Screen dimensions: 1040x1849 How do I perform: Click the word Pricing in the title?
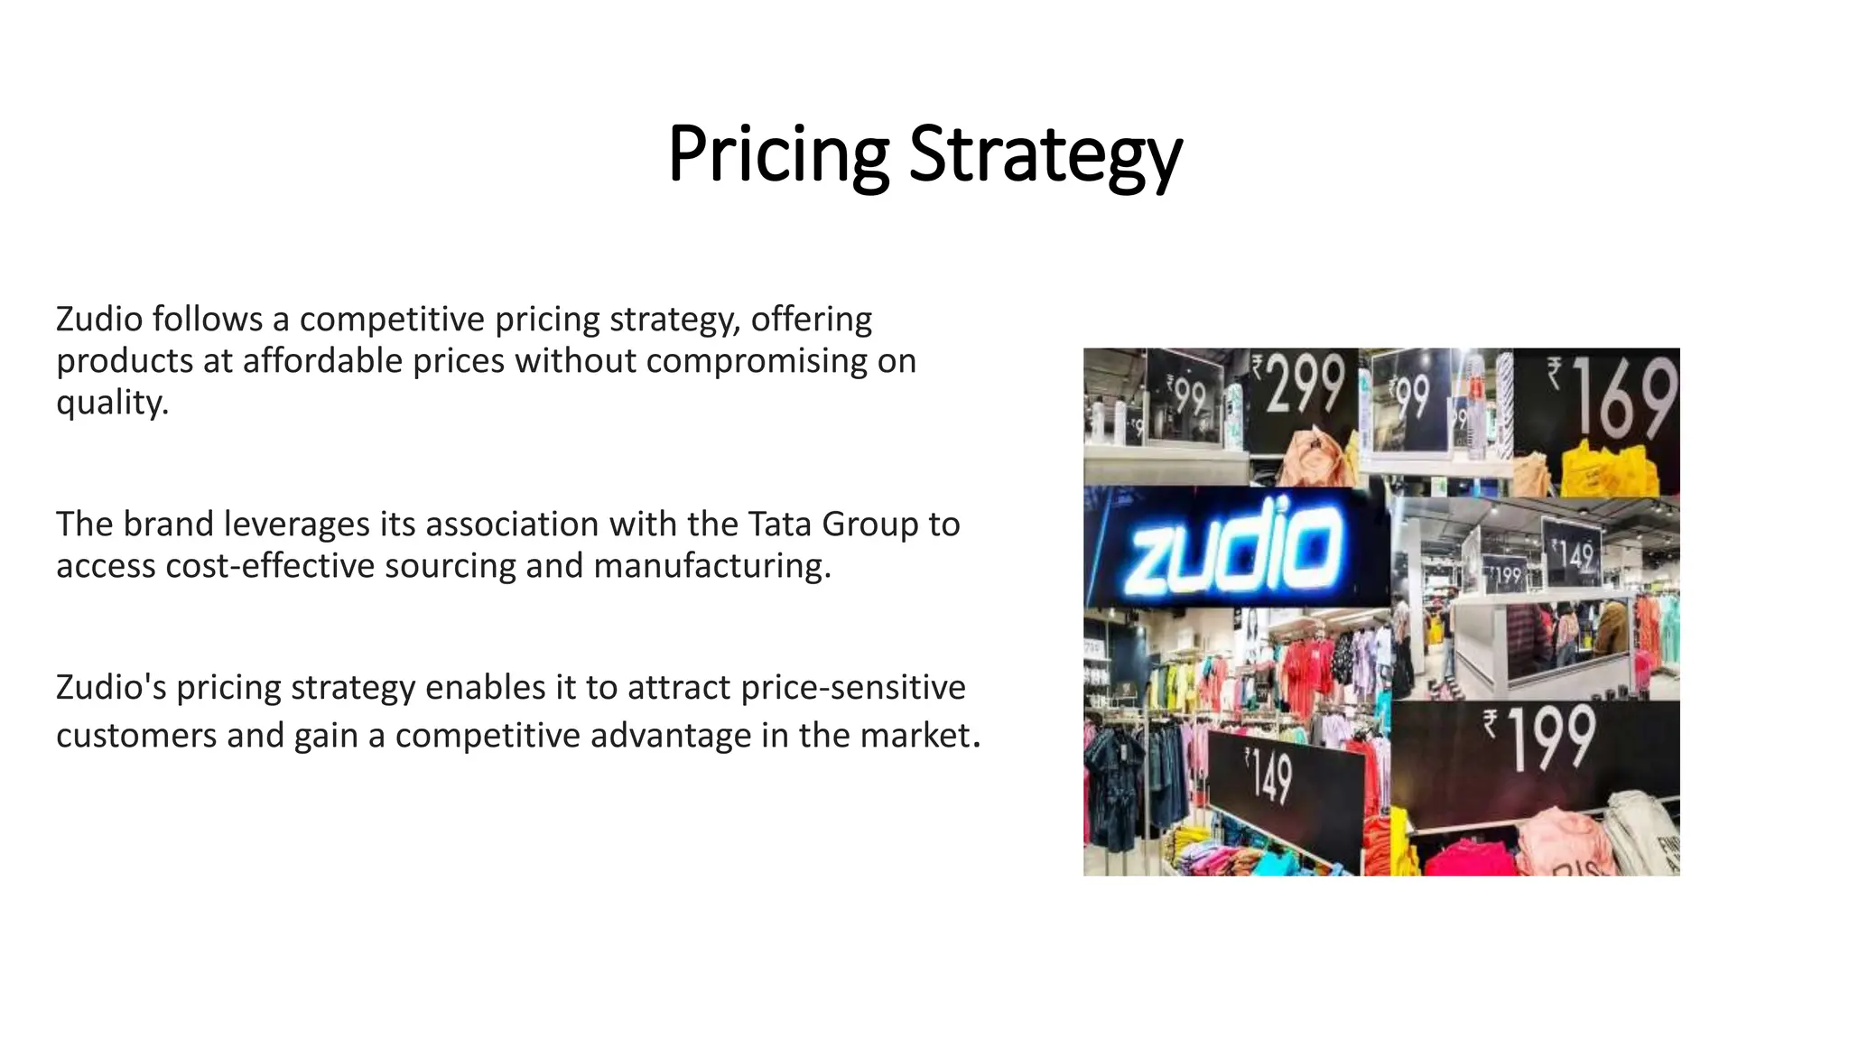pos(778,154)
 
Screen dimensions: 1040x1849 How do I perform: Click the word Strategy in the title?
pos(1045,154)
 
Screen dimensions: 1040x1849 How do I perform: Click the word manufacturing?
pos(711,566)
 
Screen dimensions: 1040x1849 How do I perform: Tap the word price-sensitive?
pos(852,688)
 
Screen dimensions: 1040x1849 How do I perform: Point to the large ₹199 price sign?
pos(1540,737)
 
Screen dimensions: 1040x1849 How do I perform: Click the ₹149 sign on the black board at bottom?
pos(1269,776)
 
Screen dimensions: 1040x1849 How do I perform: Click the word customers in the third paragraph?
pos(135,735)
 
